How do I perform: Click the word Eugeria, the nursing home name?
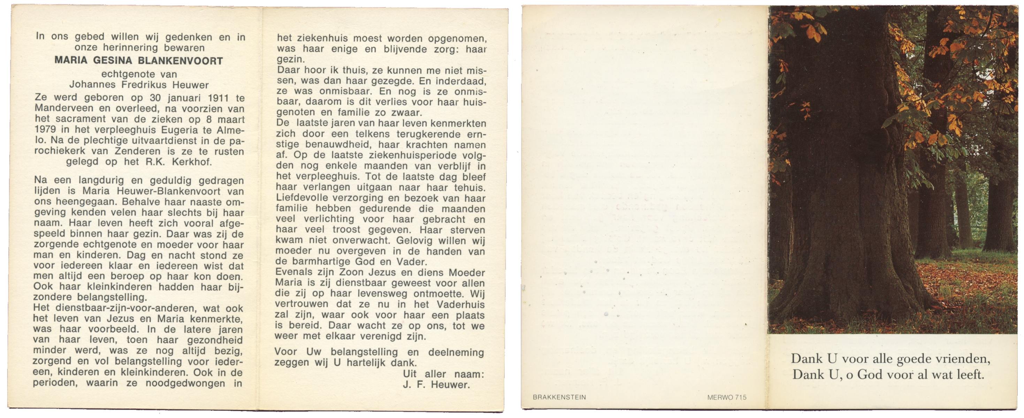184,130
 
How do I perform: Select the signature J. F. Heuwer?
436,385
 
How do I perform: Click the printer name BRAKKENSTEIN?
559,397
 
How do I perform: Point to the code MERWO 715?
727,397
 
